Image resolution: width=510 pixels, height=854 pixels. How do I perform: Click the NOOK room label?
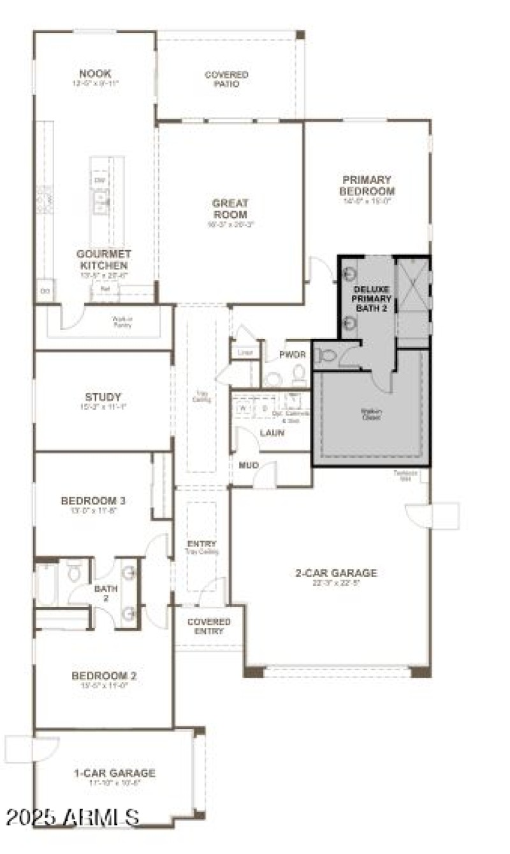point(95,74)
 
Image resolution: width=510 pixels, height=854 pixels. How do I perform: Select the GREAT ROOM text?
point(229,209)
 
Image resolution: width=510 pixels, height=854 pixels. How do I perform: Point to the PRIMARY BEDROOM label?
point(367,186)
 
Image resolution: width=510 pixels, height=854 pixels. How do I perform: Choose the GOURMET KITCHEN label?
point(103,259)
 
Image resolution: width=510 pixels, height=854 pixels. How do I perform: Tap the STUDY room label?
point(103,397)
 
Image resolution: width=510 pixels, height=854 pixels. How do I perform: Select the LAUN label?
point(272,433)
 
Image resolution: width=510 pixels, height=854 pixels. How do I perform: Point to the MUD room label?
point(249,465)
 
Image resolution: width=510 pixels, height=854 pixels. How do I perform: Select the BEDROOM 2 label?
point(103,676)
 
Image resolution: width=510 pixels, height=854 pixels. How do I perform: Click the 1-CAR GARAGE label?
point(114,773)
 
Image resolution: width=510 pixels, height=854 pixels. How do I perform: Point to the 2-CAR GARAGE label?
point(336,573)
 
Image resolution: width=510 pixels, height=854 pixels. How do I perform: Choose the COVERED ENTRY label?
point(208,626)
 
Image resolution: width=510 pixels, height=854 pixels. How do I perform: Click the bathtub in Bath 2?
point(47,583)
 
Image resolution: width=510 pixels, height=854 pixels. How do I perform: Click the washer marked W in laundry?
point(242,406)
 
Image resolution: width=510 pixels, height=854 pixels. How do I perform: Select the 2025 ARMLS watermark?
point(72,816)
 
